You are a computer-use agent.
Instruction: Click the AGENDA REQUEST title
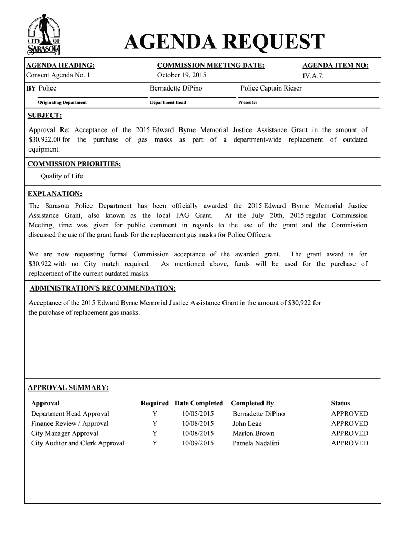(224, 43)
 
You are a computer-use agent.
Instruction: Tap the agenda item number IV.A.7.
(317, 76)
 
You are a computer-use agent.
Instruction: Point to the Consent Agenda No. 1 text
(59, 75)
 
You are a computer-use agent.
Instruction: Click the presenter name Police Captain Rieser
(271, 88)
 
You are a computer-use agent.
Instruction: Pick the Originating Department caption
(62, 102)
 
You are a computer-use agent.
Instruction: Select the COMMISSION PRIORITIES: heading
(74, 164)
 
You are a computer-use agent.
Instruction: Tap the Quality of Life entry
(62, 176)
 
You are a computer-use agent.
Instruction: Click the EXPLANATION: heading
(55, 194)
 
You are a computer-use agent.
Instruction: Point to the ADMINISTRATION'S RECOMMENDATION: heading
(103, 288)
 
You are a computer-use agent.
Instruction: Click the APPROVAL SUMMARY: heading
(68, 388)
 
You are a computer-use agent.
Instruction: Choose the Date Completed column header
(199, 403)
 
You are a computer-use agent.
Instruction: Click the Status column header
(340, 403)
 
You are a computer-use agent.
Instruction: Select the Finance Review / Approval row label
(70, 423)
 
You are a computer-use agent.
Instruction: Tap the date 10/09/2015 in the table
(198, 443)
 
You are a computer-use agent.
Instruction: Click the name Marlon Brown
(253, 433)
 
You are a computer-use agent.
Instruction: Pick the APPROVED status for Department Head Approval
(349, 414)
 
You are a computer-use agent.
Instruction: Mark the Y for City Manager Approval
(155, 433)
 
